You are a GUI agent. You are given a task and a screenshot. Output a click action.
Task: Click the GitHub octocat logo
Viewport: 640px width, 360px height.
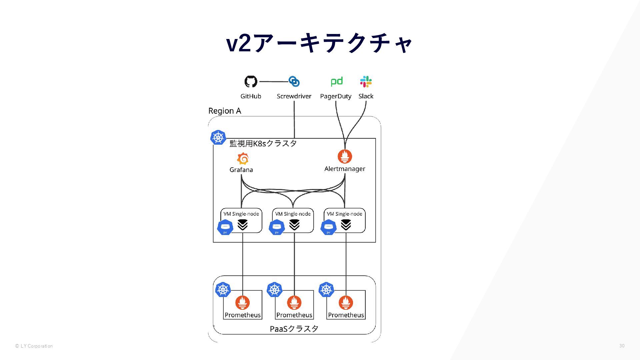[251, 81]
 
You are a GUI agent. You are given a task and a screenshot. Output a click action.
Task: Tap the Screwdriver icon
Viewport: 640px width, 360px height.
[294, 81]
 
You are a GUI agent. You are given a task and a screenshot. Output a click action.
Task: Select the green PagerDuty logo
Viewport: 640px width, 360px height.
[336, 81]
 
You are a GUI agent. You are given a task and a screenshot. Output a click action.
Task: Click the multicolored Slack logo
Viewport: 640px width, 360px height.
[366, 81]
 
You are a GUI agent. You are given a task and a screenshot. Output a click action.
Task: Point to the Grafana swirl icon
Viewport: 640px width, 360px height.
[243, 159]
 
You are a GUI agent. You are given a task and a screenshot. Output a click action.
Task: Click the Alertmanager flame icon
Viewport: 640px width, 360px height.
[345, 156]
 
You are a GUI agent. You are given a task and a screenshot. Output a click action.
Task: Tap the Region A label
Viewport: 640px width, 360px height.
[224, 111]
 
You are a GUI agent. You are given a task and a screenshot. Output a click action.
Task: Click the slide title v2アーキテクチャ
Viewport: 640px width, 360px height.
[319, 43]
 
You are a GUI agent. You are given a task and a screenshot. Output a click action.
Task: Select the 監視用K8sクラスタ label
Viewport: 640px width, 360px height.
[263, 143]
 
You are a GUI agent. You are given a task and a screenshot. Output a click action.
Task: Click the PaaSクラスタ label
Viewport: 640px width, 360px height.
[294, 329]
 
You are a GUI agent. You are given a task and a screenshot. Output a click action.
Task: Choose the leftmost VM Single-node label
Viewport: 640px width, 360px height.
[241, 214]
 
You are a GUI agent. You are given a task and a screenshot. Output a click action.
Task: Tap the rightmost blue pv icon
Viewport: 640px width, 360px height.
[328, 227]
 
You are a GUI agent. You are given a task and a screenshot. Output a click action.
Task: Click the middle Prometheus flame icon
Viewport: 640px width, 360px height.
[294, 303]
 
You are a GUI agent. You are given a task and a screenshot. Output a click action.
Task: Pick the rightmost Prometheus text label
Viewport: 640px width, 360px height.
[346, 315]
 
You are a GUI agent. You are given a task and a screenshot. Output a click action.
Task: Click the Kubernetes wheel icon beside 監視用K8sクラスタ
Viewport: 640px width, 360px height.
[218, 137]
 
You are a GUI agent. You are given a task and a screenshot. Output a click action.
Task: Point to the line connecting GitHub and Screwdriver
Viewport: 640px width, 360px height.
[273, 81]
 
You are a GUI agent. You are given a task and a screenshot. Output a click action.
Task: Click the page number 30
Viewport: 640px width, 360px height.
[622, 346]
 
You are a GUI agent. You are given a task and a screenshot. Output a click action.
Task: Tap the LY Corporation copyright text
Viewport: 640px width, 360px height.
[34, 346]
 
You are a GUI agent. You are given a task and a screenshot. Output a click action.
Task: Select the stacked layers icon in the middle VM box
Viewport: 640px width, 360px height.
[294, 225]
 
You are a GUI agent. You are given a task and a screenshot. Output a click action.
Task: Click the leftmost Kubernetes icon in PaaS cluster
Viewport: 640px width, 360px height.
[223, 289]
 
